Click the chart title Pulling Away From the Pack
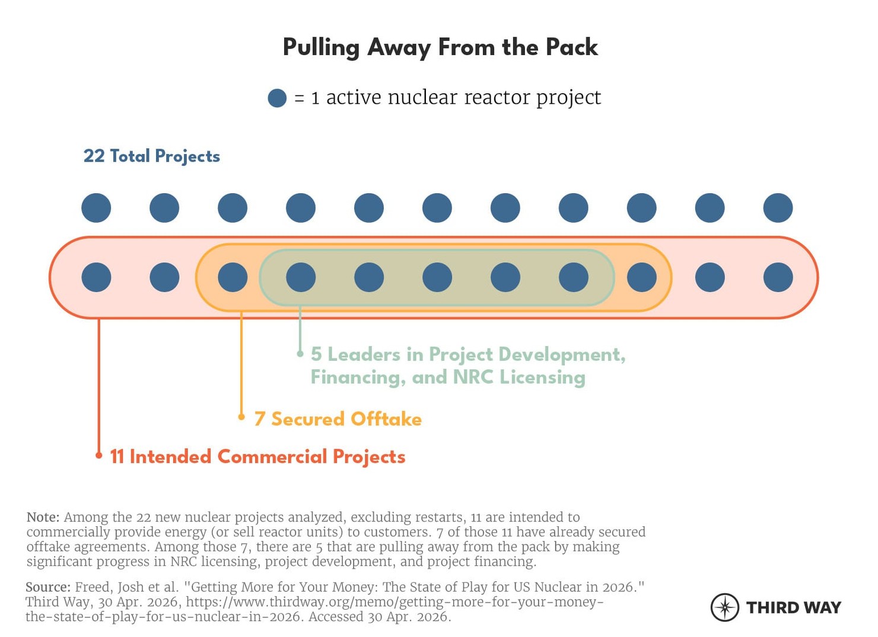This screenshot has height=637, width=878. click(440, 47)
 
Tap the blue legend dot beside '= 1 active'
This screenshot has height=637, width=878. click(277, 98)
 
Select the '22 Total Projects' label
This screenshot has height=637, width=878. click(151, 156)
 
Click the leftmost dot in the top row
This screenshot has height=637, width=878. click(96, 208)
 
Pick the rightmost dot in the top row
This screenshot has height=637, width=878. click(778, 208)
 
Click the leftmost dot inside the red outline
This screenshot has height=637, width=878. click(96, 277)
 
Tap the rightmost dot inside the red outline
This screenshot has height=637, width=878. click(778, 277)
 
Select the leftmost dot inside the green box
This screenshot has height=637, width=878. click(301, 277)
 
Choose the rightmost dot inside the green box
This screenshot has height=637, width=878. click(573, 277)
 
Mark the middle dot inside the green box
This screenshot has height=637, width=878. click(437, 277)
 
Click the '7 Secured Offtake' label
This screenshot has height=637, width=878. click(338, 419)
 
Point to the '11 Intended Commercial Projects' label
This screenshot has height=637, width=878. click(257, 457)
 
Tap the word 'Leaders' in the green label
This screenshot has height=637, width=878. click(364, 354)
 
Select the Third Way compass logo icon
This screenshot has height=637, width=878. click(724, 607)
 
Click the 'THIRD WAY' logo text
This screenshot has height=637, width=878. click(793, 607)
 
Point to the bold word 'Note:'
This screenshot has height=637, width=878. click(43, 517)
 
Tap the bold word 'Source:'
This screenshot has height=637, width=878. click(47, 587)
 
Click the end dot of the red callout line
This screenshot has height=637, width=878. click(99, 455)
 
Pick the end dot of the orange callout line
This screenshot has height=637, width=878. click(241, 417)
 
